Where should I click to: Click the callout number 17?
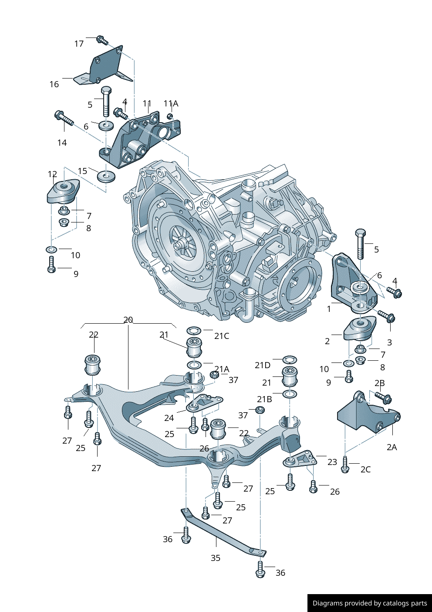point(79,44)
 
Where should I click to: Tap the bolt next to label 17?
point(101,40)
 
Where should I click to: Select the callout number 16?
point(54,84)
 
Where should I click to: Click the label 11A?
point(171,104)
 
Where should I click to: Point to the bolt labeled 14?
point(64,119)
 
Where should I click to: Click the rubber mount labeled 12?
point(63,192)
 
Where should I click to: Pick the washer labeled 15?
point(106,177)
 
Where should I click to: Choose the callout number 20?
point(128,320)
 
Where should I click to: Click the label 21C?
point(221,336)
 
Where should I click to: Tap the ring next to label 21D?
point(290,360)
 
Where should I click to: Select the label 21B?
point(264,399)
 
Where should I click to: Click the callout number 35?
point(216,558)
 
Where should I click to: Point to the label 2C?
point(365,469)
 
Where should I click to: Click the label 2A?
point(391,447)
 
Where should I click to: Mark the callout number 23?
point(332,462)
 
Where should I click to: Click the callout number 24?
point(169,418)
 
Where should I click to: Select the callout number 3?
point(389,342)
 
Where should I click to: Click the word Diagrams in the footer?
point(327,603)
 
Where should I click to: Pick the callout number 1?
point(329,309)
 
